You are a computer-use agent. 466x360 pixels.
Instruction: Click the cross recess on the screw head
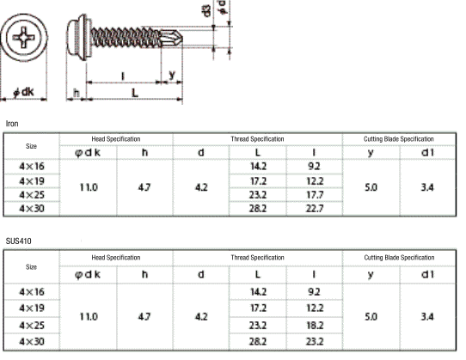point(23,38)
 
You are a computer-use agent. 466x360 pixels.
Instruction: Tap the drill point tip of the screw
point(182,38)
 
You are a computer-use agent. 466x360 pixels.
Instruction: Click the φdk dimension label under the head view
point(24,92)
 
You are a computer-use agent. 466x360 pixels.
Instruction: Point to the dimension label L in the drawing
point(135,93)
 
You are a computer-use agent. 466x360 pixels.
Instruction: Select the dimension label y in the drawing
point(172,75)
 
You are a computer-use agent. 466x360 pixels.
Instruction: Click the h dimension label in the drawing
point(77,93)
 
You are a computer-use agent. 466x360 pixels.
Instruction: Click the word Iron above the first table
point(12,124)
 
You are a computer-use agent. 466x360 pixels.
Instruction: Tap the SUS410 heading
point(18,241)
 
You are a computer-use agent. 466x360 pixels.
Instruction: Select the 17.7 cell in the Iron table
point(315,195)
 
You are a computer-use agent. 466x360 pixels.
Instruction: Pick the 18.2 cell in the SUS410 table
point(315,326)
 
